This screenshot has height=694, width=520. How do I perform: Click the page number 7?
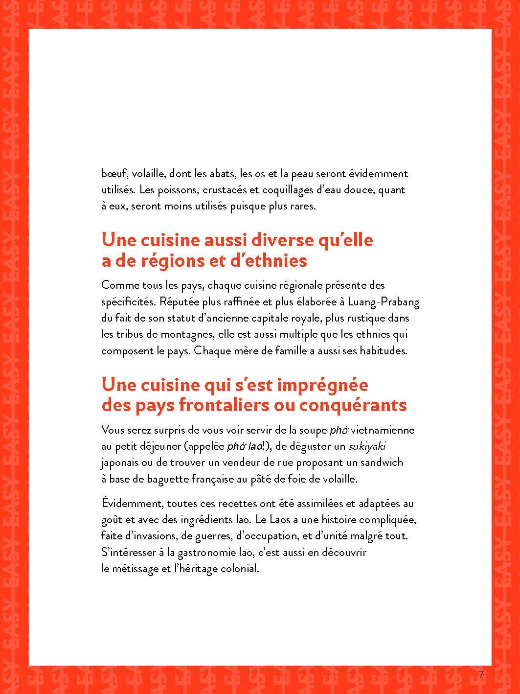[x=481, y=674]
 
